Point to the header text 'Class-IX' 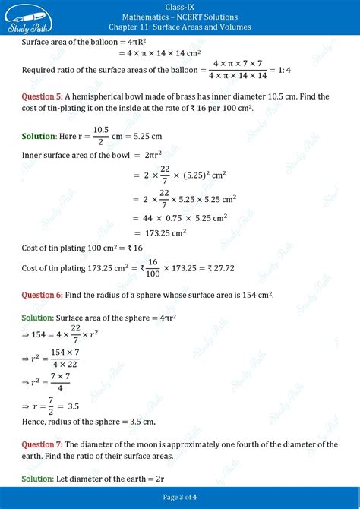click(180, 7)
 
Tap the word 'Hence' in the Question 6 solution click(35, 422)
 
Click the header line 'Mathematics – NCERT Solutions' click(180, 17)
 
